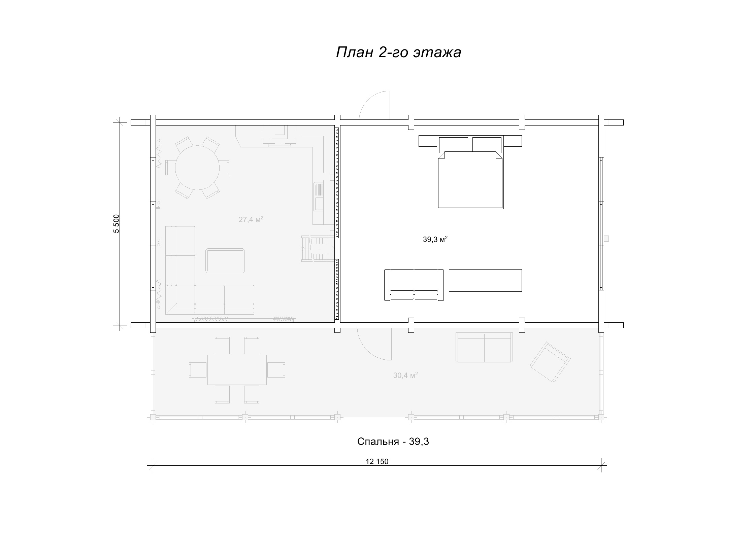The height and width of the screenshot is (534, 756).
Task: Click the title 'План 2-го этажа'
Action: [398, 52]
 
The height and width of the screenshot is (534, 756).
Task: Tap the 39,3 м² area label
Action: [435, 239]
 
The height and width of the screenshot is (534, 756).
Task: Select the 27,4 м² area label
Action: [251, 219]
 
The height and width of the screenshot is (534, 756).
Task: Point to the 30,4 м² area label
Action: [405, 375]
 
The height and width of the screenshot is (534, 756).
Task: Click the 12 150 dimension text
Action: [377, 462]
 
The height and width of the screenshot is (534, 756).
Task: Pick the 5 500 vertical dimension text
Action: [117, 223]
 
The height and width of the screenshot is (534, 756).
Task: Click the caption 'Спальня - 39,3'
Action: [393, 441]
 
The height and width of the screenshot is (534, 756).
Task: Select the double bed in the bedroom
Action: [470, 172]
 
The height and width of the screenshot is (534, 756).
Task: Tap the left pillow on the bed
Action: [453, 144]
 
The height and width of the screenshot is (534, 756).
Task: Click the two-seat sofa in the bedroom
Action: [414, 285]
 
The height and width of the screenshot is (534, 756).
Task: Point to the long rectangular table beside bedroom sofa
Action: [485, 280]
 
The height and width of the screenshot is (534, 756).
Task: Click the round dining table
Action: [197, 167]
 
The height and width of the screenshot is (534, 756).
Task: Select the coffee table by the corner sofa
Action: [225, 261]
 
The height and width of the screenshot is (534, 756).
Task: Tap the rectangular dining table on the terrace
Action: [237, 369]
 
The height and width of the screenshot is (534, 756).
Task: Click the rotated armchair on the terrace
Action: [550, 362]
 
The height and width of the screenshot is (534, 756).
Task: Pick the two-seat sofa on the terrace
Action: [484, 347]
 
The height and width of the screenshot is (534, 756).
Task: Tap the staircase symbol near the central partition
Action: [318, 248]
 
